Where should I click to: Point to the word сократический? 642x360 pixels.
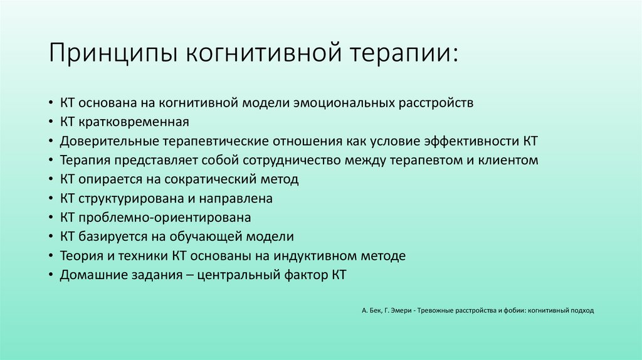210,179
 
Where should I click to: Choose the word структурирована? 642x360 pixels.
129,199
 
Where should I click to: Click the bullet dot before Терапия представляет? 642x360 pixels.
50,161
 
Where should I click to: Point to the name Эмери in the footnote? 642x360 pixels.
399,310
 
